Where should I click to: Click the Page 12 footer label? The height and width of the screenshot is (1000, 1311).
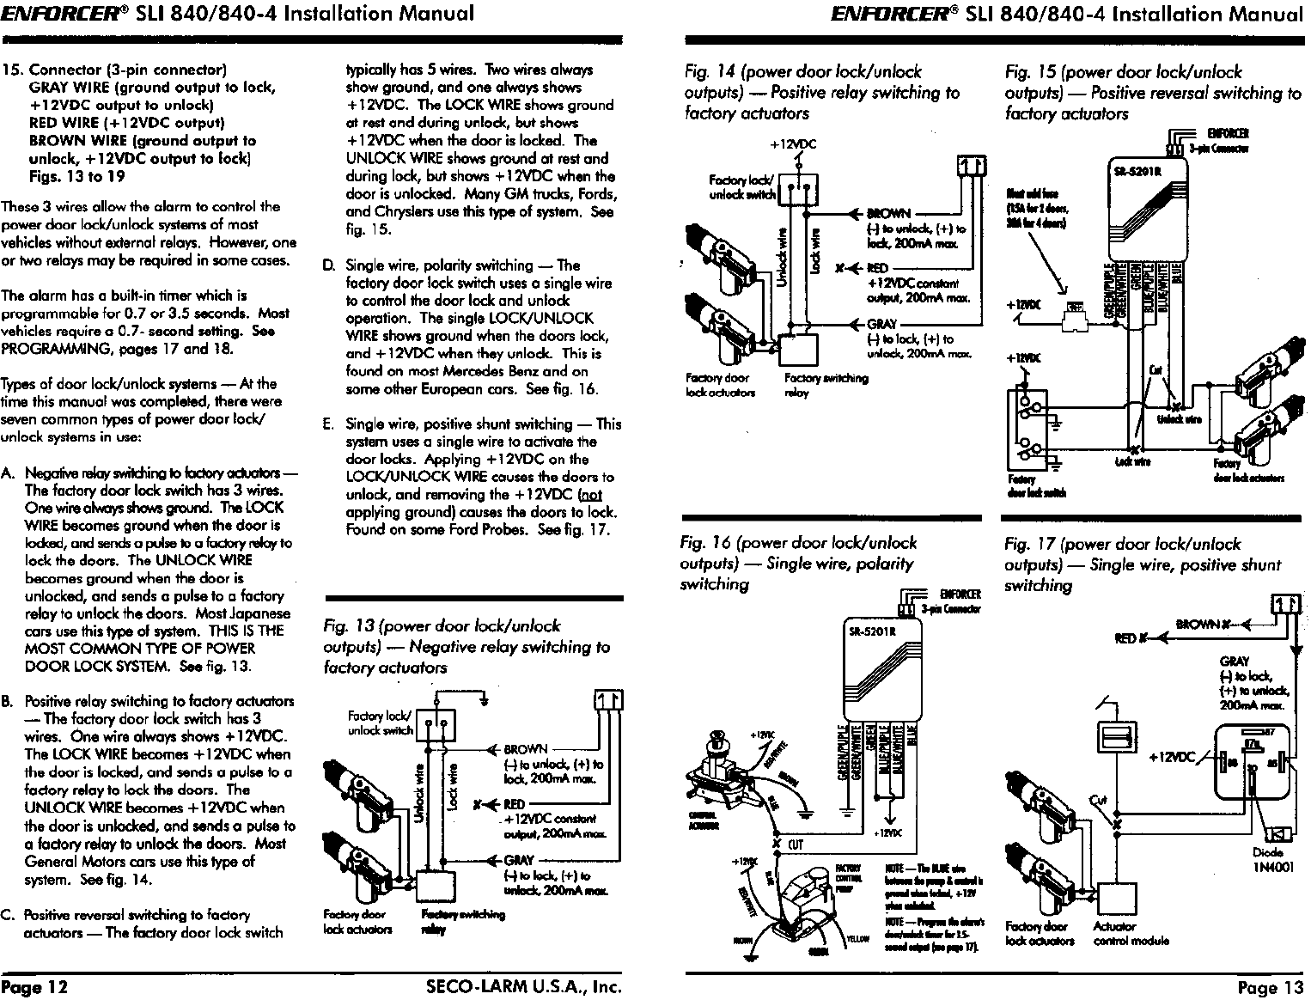tap(34, 987)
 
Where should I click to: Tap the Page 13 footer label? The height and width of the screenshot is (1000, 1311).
tap(1270, 988)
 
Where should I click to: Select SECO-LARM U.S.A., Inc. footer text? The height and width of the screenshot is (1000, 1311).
tap(523, 987)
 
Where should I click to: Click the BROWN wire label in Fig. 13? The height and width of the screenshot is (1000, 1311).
tap(525, 749)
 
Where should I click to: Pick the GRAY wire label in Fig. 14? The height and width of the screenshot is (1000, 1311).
tap(882, 324)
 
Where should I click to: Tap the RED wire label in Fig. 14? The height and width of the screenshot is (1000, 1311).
tap(877, 268)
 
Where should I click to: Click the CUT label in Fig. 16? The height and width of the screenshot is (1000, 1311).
tap(796, 845)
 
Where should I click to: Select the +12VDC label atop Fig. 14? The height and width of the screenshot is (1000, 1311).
tap(792, 144)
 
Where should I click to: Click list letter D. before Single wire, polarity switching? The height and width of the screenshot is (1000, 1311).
tap(328, 265)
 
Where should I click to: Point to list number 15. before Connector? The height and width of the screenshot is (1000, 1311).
tap(15, 70)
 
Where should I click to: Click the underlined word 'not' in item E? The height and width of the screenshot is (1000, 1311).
tap(592, 495)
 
